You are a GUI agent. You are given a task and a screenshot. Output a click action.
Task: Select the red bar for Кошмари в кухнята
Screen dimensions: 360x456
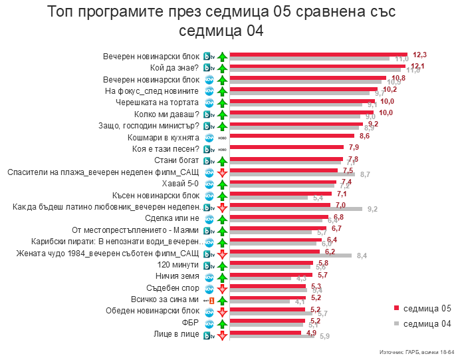tap(292, 135)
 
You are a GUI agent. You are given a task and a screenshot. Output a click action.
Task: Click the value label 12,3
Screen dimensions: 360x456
tap(419, 55)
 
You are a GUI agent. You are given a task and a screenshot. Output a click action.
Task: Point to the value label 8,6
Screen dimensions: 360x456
tap(365, 135)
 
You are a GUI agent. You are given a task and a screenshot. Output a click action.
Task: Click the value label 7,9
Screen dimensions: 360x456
tap(354, 147)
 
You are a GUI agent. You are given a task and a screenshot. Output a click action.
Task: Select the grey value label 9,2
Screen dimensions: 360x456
tap(372, 209)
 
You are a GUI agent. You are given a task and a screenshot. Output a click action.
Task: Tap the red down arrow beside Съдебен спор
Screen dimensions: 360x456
tap(222, 287)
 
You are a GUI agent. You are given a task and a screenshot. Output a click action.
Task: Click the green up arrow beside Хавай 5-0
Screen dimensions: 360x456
tap(222, 184)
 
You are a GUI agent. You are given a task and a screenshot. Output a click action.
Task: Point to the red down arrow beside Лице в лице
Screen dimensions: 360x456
tap(222, 334)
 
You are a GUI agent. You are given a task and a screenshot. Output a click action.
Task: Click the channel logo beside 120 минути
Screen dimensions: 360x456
tap(208, 264)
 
